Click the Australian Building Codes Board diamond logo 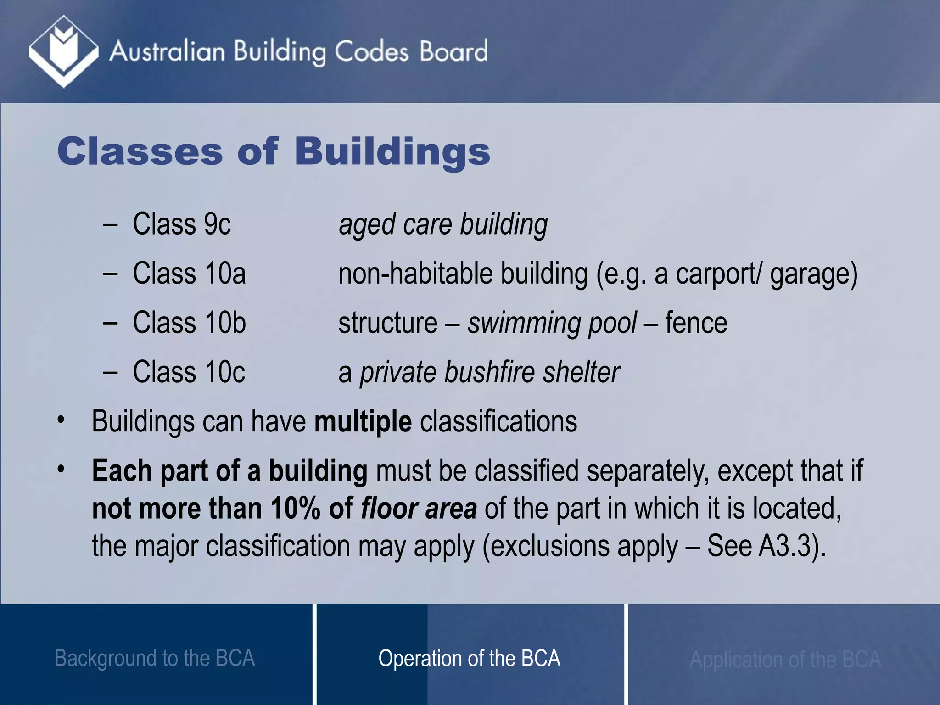63,51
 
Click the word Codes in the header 371,51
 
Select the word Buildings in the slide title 392,152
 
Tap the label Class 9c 182,224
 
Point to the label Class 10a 189,273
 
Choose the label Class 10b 189,322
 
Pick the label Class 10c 189,372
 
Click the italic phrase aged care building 443,225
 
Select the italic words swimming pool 552,323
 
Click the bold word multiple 363,421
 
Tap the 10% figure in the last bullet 295,509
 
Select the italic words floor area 419,509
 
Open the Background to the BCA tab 155,658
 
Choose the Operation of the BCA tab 469,658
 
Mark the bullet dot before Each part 61,470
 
